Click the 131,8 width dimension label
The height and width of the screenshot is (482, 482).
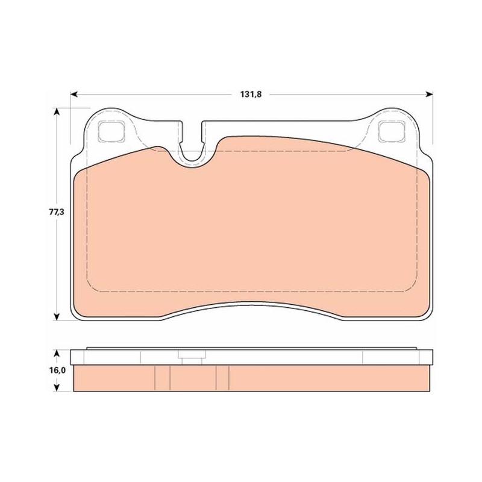[x=251, y=94]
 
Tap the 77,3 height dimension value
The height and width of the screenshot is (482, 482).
[x=56, y=212]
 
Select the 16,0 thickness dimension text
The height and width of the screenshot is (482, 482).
[x=57, y=371]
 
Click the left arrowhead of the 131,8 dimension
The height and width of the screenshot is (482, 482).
[x=74, y=94]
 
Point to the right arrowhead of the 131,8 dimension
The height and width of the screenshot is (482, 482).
[x=429, y=94]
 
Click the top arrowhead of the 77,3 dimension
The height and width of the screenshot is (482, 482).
[x=56, y=111]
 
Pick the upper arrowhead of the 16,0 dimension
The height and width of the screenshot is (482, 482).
[x=56, y=354]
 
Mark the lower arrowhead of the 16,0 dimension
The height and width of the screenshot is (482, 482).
[x=56, y=387]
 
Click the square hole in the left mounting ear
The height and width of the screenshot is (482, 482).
[x=111, y=131]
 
